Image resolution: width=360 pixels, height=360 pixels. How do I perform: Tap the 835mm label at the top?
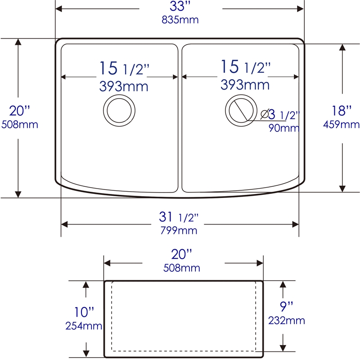180,20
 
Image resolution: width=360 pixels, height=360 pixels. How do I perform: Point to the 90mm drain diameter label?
283,128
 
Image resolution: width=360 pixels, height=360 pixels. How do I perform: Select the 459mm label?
341,124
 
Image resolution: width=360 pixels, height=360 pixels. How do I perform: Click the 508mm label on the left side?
20,124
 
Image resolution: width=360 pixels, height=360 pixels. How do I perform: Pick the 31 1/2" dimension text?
179,218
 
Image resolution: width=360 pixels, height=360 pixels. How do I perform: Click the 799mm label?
179,231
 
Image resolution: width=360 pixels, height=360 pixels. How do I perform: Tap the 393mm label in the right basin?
245,84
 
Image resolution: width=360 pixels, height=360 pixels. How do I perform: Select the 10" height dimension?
85,311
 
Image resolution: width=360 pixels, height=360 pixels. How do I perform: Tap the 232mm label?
287,320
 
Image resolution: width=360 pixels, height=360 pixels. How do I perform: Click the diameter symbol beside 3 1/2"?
265,114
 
